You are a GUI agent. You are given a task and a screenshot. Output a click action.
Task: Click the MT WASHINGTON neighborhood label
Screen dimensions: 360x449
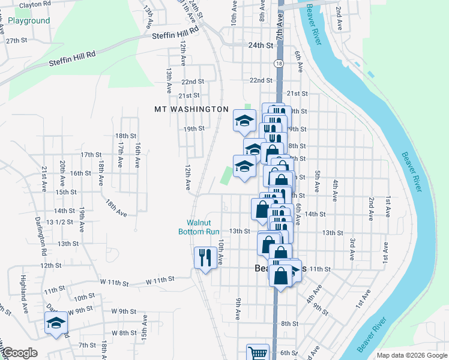tap(191, 109)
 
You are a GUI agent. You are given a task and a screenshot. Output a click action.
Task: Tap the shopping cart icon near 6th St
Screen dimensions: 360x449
tap(258, 353)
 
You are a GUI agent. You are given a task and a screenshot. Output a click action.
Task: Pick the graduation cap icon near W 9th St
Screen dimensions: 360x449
tap(56, 323)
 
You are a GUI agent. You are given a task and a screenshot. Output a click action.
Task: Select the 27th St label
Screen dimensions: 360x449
tap(17, 40)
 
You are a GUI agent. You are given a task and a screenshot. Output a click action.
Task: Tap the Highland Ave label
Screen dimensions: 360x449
tap(24, 289)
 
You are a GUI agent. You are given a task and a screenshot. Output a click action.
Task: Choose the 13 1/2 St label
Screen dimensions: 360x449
tap(59, 221)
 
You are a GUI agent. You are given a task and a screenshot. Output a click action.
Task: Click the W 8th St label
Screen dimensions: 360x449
tap(125, 333)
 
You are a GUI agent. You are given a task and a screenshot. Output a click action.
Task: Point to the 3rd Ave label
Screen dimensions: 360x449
tap(353, 249)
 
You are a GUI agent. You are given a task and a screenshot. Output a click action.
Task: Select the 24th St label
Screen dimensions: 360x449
tap(259, 45)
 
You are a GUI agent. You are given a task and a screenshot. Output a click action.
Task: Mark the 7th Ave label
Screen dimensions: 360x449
tap(279, 27)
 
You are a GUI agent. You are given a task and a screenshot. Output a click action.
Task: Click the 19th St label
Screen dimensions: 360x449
tap(194, 128)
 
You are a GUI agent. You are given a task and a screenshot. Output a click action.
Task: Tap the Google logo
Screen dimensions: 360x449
tap(19, 353)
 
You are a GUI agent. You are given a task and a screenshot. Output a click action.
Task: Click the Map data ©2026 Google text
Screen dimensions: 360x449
tap(411, 355)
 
